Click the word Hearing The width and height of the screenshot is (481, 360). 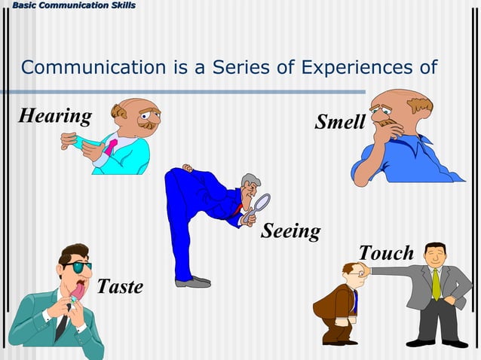54,117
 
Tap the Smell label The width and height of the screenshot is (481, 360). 339,121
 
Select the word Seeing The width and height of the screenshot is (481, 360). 290,230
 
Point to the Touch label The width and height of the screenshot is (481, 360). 386,253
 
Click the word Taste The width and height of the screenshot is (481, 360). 119,286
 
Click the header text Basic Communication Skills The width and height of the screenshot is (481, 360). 69,6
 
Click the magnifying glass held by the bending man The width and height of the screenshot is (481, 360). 261,203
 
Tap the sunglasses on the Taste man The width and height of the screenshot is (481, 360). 76,267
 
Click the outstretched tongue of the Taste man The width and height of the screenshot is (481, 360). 78,288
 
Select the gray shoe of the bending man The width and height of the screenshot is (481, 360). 194,282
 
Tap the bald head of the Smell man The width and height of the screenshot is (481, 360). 395,99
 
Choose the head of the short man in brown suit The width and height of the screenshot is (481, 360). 352,273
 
